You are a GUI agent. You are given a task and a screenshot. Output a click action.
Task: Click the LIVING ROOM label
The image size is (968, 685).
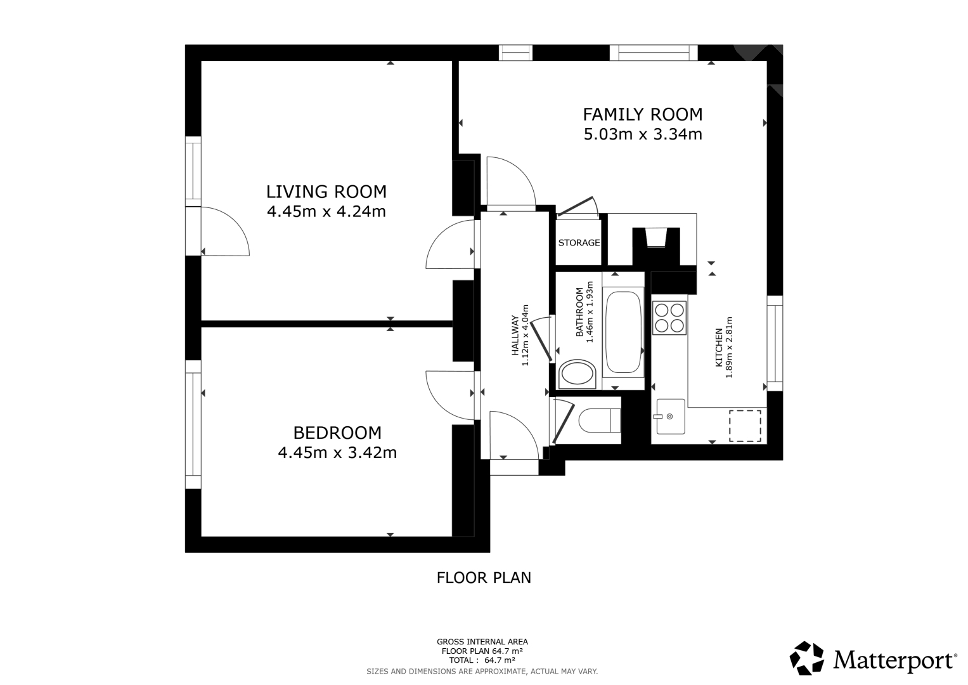point(326,192)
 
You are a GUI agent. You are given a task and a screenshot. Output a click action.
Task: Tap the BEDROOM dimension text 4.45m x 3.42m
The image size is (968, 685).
point(337,452)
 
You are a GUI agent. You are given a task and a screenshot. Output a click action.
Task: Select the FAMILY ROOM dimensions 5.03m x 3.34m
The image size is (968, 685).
point(643,134)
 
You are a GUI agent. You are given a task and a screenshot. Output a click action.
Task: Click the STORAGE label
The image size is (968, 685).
point(579,242)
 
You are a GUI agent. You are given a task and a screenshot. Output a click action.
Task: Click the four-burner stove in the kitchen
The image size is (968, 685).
point(669,318)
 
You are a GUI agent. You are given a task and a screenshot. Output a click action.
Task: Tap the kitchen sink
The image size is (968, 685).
point(671,416)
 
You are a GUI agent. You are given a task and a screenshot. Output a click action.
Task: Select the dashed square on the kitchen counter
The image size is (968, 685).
point(745,426)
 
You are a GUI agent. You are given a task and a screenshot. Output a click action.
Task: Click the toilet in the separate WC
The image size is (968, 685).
point(600,420)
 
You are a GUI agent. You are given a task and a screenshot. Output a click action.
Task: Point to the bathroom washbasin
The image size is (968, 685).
point(578,374)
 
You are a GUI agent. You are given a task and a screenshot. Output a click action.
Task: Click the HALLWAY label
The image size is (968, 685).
point(515,336)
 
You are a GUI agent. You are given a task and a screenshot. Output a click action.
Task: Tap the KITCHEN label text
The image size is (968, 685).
point(719,348)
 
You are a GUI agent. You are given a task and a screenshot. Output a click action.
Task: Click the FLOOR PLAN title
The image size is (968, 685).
point(484,578)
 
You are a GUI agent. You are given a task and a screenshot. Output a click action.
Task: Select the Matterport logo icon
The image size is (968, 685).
point(806,658)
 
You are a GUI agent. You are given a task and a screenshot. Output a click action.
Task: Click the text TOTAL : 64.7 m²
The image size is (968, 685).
point(482,660)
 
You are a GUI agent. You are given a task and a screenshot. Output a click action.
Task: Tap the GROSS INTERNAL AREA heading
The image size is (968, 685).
point(482,642)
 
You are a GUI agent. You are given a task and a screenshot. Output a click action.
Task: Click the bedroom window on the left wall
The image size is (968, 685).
point(193,424)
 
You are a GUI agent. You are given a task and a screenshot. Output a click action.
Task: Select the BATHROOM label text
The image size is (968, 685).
point(579,312)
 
